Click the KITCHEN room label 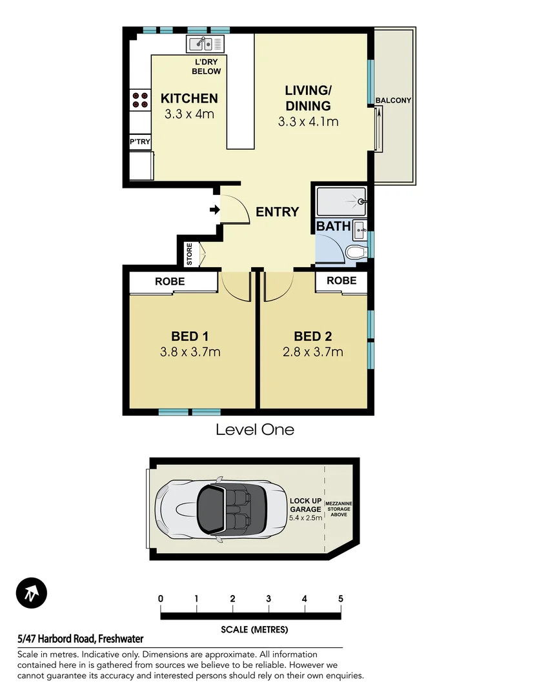coord(188,99)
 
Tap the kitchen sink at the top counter coord(205,44)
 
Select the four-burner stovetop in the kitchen coord(139,100)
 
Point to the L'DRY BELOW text coord(207,66)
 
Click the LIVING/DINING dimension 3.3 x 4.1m coord(308,121)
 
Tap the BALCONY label coord(393,100)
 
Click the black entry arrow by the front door coord(214,210)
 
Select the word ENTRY coord(277,212)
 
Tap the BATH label coord(333,227)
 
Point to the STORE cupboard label coord(189,254)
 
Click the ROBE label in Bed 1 coord(169,281)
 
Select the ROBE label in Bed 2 coord(341,281)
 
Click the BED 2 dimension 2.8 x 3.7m coord(312,352)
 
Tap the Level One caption coord(254,430)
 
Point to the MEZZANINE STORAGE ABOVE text coord(339,509)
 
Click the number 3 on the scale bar coord(268,598)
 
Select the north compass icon coord(32,593)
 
